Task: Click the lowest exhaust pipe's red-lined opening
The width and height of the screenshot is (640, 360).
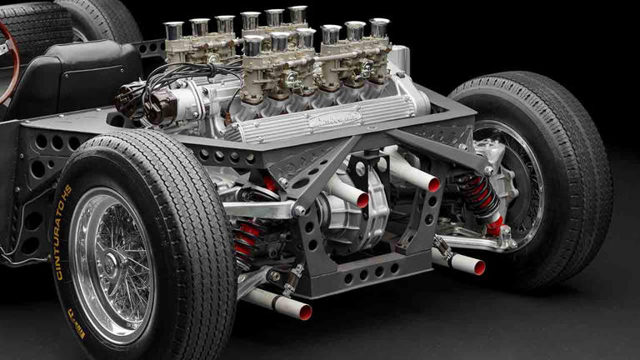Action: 305,312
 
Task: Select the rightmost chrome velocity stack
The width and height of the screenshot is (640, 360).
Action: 379,28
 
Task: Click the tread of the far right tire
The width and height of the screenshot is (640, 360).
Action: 575,167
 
